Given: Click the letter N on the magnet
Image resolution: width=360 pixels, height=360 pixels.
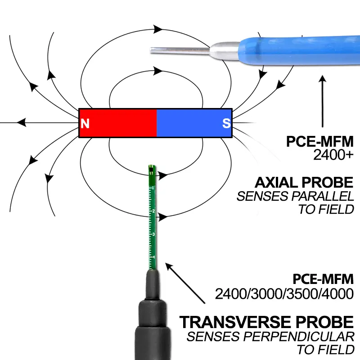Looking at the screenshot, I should [x=85, y=123].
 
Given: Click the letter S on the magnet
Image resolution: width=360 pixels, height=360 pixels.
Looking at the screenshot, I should [x=226, y=123].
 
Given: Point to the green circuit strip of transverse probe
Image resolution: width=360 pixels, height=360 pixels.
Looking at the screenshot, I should [x=152, y=216].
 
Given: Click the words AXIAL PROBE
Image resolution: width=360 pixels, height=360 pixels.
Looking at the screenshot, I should [x=304, y=182].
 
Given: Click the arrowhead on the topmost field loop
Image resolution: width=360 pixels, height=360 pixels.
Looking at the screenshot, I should [x=158, y=29].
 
